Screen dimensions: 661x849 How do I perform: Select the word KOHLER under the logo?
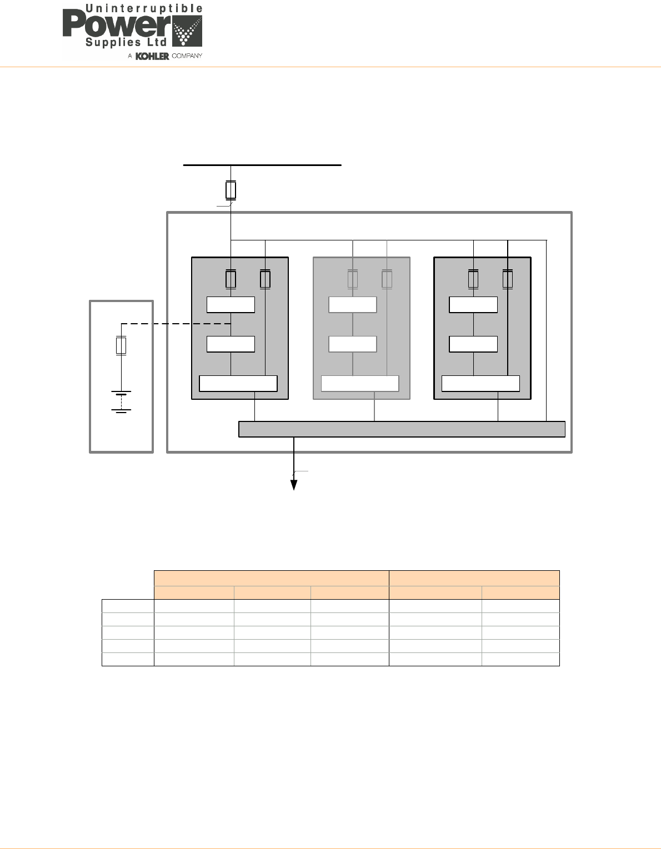coord(152,56)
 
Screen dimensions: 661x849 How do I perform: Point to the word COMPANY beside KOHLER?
coord(187,56)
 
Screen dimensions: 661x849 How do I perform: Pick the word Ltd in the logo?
coord(157,42)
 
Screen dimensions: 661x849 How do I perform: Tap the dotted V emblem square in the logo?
coord(187,31)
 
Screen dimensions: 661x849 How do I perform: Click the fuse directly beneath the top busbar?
coord(231,190)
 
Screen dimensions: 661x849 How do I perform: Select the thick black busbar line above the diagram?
coord(262,165)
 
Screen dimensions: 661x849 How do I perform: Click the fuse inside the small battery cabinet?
coord(121,345)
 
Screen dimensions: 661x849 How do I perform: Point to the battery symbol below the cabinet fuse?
coord(121,401)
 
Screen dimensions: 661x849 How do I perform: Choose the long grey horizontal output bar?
coord(402,429)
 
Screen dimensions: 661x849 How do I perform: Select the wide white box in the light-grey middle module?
coord(360,384)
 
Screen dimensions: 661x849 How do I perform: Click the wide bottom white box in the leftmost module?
coord(238,384)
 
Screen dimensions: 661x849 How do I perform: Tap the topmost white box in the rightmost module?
coord(473,305)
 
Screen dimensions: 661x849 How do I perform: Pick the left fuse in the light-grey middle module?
coord(353,279)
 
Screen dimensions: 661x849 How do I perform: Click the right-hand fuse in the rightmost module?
coord(508,279)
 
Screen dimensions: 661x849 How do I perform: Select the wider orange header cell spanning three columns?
coord(271,578)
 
